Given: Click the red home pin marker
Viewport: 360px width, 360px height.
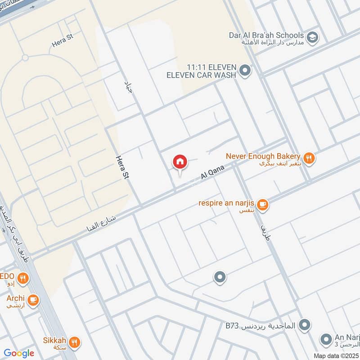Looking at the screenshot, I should point(180,162).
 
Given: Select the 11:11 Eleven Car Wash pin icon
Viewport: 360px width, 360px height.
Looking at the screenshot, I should point(245,70).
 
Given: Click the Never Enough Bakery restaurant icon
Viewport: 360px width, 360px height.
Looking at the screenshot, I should point(309,158).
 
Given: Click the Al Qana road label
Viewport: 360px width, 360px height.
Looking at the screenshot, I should point(212,172).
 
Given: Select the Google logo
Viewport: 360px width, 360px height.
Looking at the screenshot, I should point(19,353).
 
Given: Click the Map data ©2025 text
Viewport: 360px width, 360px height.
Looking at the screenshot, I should point(335,355).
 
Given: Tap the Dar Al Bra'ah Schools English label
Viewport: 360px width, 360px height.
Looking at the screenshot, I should point(265,35).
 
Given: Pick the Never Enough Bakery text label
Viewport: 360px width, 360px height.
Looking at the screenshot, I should point(263,156).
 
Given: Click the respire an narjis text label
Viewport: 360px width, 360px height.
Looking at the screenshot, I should point(227,202).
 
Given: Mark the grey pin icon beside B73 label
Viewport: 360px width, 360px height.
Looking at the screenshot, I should point(305,324).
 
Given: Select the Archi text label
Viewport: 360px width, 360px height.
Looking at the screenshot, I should point(15,298).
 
